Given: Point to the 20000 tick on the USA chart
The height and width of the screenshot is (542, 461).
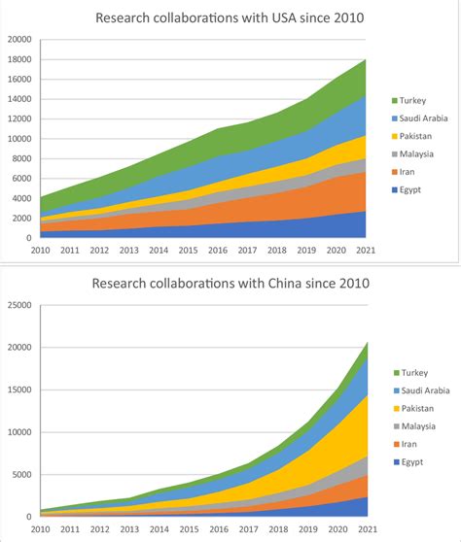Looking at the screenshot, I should point(19,40).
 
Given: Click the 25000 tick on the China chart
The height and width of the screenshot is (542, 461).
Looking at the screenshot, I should point(19,305).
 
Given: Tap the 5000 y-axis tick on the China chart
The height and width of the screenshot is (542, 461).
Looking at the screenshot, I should point(21,475).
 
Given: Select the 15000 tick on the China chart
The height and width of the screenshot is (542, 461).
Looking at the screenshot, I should point(19,390).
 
